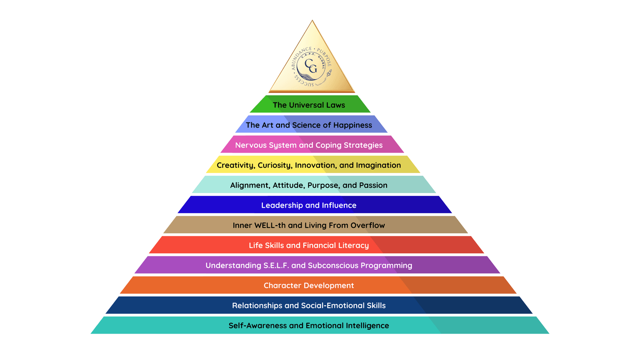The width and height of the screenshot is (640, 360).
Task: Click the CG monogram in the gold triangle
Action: point(311,66)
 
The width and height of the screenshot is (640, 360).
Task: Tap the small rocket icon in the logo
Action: point(329,74)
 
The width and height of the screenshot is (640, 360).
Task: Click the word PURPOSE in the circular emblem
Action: point(325,57)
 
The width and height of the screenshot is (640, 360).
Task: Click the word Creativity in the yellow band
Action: point(236,165)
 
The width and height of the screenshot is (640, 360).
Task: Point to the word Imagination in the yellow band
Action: point(378,165)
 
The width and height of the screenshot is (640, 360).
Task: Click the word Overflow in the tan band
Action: point(368,225)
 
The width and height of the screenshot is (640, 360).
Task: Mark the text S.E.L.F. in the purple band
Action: point(276,265)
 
